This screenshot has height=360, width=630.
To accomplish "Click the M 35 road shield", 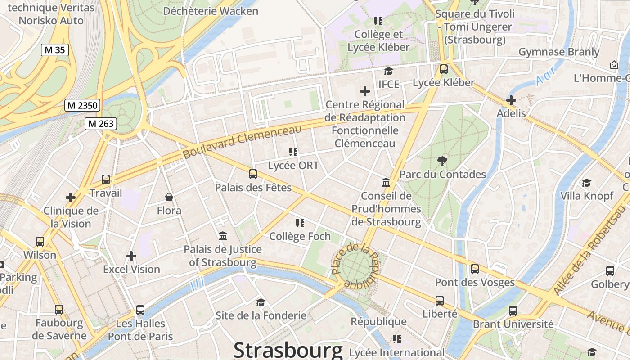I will [55, 50].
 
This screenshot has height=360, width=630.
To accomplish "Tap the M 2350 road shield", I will [82, 105].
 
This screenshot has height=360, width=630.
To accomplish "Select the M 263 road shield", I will [101, 123].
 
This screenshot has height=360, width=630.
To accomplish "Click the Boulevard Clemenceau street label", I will [242, 141].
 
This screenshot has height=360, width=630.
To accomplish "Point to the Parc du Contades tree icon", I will [442, 161].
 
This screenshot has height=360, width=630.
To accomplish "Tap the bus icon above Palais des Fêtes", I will [253, 174].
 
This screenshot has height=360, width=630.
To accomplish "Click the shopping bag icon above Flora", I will [169, 197].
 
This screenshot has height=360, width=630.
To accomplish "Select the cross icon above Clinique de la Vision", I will [71, 197].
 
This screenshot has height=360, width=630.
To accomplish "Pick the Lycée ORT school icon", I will [293, 152].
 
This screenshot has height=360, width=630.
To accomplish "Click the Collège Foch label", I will [300, 236].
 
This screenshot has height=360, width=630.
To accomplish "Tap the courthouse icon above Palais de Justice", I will [222, 236].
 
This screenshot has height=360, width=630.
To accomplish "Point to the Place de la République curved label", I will [355, 265].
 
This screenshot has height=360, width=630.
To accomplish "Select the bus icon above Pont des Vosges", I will [474, 269].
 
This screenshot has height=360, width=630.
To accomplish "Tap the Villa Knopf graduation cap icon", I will [586, 183].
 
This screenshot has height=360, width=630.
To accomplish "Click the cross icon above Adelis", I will [511, 100].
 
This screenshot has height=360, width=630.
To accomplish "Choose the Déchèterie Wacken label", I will [211, 11].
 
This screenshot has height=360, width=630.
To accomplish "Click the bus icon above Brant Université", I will [513, 310].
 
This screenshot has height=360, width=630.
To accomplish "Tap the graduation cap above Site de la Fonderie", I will [261, 302].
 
